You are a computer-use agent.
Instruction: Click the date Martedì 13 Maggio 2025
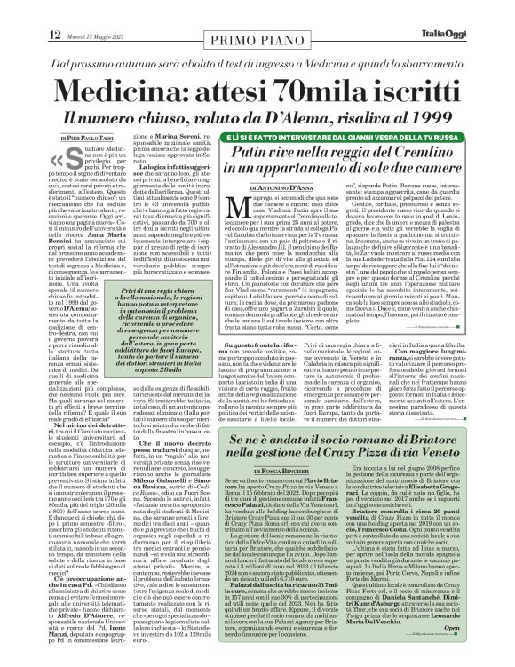[65, 12]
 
